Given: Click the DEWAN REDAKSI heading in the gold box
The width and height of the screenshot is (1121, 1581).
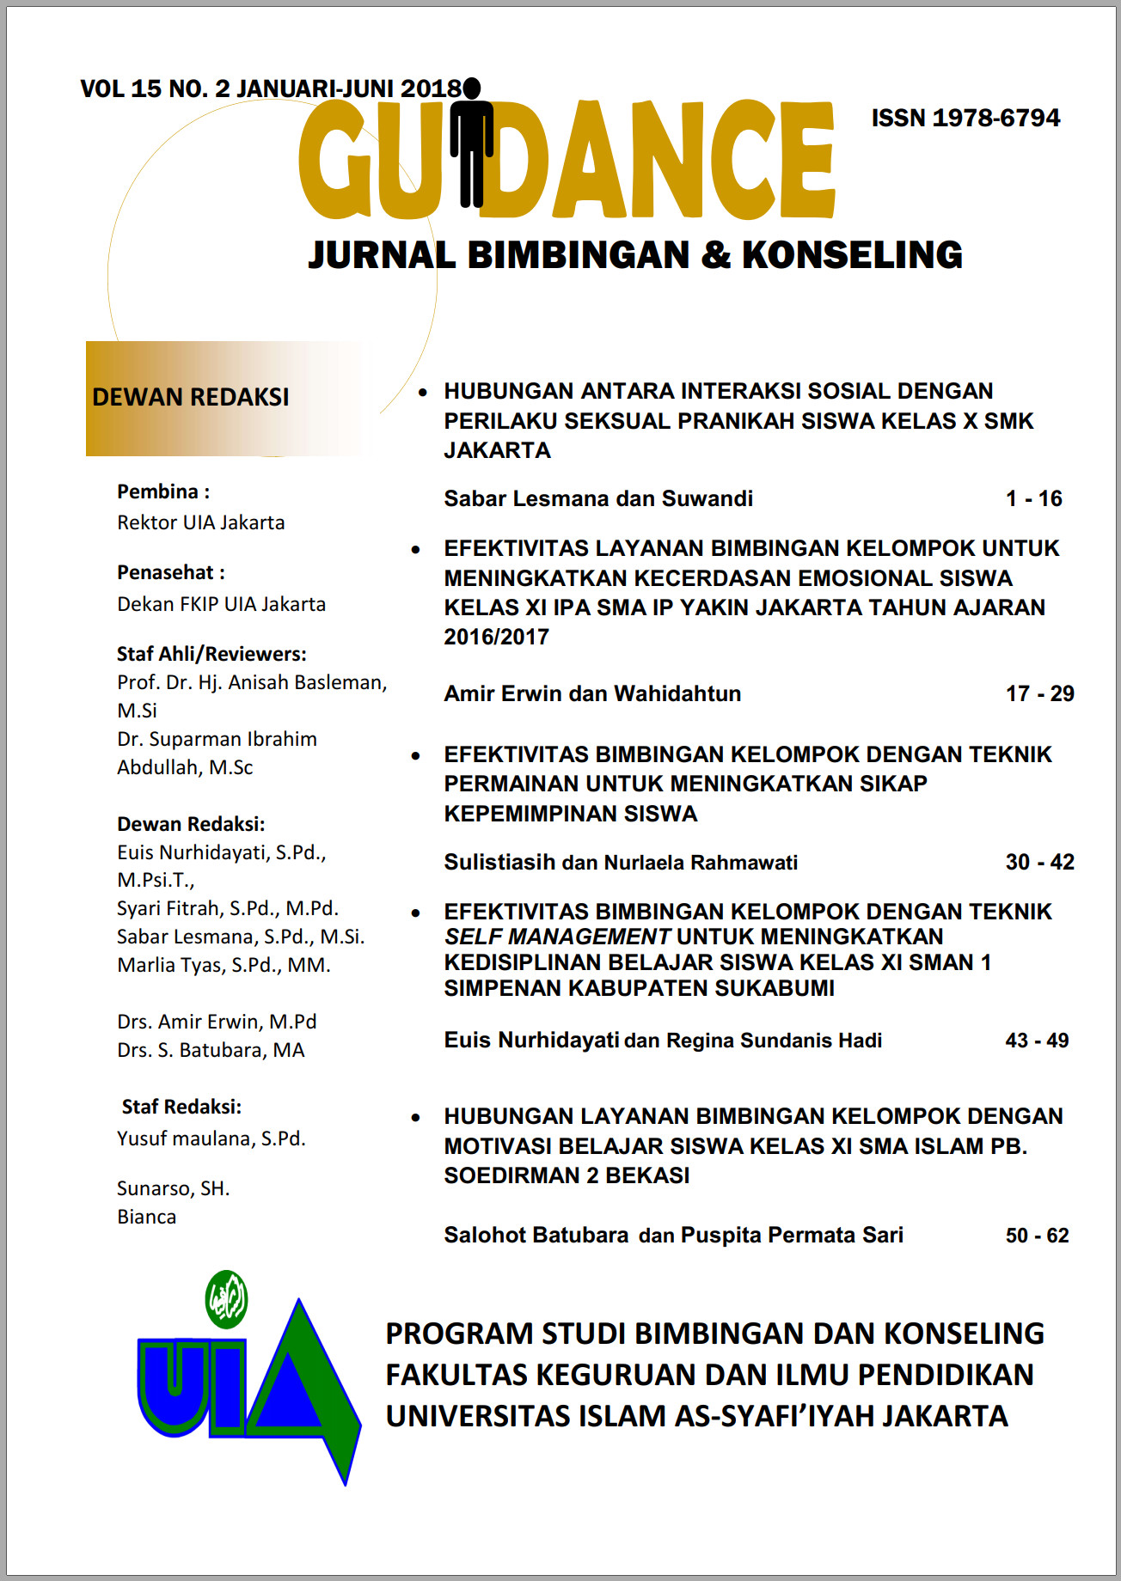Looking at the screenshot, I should (191, 397).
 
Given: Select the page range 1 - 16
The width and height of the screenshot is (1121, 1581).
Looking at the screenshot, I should (1033, 498).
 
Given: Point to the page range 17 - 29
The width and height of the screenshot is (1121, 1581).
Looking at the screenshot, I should (1039, 693).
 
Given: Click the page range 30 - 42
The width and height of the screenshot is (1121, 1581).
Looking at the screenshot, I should (1039, 862).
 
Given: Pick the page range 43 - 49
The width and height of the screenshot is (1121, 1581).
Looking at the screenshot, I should (1037, 1041).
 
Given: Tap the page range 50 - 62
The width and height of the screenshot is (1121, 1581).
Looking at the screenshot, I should (1037, 1236).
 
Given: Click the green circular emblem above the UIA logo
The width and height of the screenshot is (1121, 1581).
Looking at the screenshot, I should (227, 1298).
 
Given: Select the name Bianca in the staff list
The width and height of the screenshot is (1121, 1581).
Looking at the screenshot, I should (147, 1217).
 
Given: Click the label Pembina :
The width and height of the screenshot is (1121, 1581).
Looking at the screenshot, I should (163, 491).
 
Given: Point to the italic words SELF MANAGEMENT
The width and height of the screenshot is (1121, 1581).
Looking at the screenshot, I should (556, 937).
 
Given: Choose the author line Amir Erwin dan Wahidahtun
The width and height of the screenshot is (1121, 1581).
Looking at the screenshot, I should (592, 693).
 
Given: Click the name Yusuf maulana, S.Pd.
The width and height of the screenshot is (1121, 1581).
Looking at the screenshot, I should (211, 1138).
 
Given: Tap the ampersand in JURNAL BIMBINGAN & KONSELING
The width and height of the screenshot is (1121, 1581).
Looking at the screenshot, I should (715, 255).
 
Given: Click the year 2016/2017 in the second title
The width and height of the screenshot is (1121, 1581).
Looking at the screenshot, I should (496, 637).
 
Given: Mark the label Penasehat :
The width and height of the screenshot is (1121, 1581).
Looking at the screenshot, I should (170, 572).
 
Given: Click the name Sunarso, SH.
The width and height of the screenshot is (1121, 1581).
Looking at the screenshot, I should (174, 1188).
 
